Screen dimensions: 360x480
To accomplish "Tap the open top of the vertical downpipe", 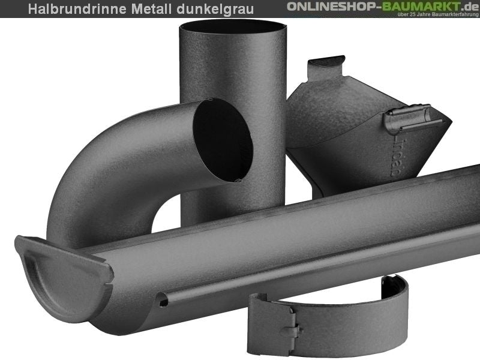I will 233,27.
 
